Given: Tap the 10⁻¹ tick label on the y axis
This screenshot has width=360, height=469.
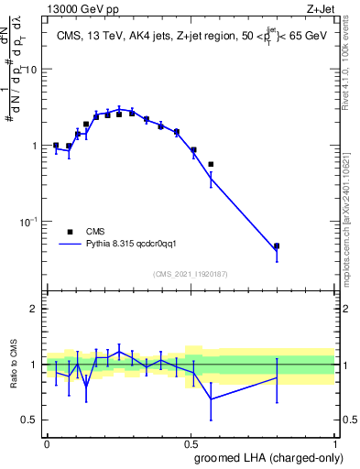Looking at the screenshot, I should click(x=28, y=222).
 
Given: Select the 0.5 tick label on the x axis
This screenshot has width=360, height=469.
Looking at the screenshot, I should click(x=191, y=442).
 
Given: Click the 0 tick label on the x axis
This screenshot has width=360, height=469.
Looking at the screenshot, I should click(x=47, y=442).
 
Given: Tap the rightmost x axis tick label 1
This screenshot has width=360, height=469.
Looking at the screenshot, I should click(x=334, y=442).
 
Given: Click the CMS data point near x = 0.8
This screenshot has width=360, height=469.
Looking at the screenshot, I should click(x=277, y=246).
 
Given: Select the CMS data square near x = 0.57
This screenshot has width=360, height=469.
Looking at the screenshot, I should click(x=211, y=165).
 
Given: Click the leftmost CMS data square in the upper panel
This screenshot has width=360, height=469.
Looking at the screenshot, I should click(x=56, y=145).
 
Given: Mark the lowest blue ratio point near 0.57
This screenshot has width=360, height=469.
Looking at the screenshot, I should click(x=211, y=399).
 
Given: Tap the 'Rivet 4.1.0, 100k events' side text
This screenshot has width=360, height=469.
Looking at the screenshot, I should click(x=352, y=69).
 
